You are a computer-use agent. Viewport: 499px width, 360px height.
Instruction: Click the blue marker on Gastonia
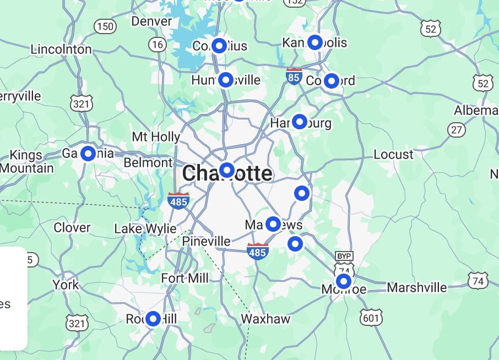(x=88, y=154)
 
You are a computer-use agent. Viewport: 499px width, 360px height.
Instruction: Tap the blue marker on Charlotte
(x=227, y=170)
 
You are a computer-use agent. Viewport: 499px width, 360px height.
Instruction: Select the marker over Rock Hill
(x=153, y=319)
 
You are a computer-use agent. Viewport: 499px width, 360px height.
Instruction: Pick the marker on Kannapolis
(x=315, y=42)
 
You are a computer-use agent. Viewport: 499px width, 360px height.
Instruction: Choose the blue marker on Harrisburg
(x=300, y=122)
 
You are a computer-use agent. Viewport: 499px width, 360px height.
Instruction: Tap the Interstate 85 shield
(x=294, y=77)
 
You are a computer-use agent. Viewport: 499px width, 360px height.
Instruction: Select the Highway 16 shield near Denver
(x=158, y=45)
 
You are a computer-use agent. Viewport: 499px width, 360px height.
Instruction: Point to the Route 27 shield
(x=456, y=130)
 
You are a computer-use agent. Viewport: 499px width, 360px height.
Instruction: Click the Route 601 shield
(x=371, y=318)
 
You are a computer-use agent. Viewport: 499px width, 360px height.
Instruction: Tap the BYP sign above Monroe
(x=344, y=256)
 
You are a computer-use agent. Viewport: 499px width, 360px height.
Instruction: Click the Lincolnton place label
(x=61, y=49)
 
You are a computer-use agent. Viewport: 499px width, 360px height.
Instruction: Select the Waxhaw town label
(x=265, y=319)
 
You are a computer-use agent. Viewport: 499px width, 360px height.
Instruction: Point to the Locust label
(x=393, y=154)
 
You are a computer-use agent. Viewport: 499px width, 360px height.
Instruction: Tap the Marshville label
(x=417, y=287)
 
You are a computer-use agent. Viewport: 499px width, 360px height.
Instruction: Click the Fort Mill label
(x=185, y=279)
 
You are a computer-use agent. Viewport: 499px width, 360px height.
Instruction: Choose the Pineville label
(x=207, y=242)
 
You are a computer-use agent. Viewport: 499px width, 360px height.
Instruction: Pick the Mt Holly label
(x=156, y=137)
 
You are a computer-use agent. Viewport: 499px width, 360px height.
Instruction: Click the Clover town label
(x=72, y=227)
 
